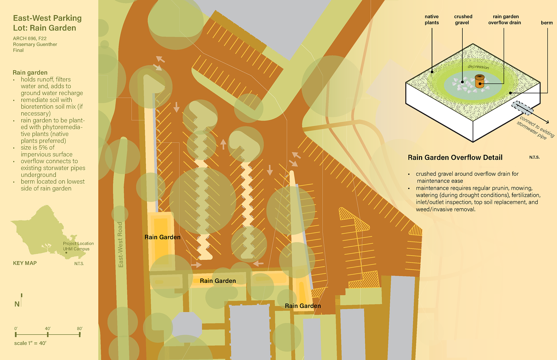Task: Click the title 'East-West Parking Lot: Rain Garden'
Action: click(47, 23)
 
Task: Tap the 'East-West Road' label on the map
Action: click(120, 245)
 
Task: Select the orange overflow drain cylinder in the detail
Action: click(480, 81)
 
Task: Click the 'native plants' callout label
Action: click(432, 20)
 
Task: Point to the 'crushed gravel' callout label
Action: click(463, 20)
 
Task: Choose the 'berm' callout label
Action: click(547, 23)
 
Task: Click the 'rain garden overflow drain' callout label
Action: click(505, 20)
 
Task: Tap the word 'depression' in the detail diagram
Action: click(478, 67)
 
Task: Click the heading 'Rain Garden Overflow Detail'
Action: click(455, 157)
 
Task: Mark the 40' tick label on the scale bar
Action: click(48, 328)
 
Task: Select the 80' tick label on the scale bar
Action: click(79, 328)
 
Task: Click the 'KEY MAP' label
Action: click(25, 263)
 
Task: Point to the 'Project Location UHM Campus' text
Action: click(78, 246)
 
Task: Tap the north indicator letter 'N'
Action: click(17, 304)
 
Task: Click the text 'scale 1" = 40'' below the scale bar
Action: click(30, 343)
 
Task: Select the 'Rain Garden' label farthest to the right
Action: click(303, 306)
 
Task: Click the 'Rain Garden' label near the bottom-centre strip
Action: click(218, 281)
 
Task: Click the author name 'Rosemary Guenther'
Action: click(35, 44)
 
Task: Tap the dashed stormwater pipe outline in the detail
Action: click(522, 108)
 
